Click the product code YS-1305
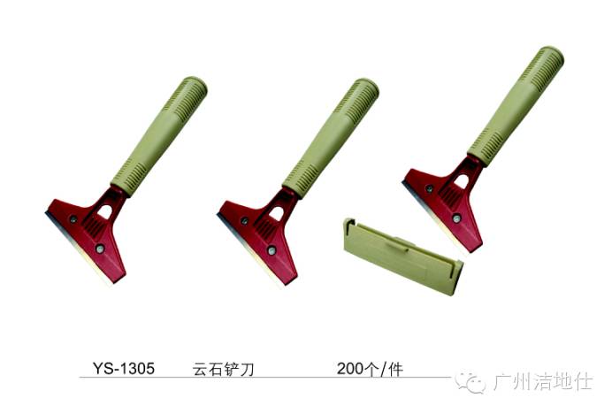(x=124, y=368)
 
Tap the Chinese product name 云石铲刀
(x=223, y=369)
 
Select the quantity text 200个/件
(x=370, y=369)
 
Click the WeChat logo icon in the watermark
(x=471, y=381)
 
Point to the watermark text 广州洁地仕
(x=543, y=381)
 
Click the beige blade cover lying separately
(x=403, y=256)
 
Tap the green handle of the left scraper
(x=159, y=135)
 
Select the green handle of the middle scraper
(x=331, y=138)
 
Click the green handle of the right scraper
(x=516, y=106)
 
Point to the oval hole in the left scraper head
(x=104, y=212)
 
